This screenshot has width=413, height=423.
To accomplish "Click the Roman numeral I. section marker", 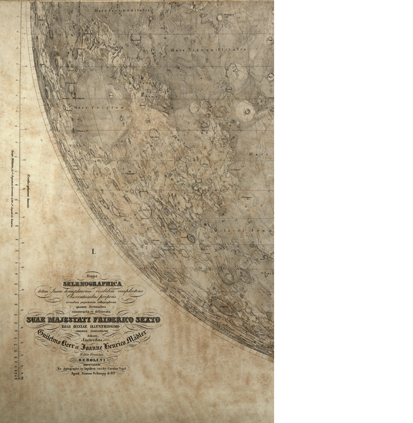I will pyautogui.click(x=93, y=252).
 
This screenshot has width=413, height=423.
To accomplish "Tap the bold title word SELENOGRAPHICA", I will pyautogui.click(x=93, y=284).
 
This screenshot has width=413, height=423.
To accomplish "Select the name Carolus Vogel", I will pyautogui.click(x=117, y=369).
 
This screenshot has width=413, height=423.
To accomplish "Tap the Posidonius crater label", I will pyautogui.click(x=247, y=197).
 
